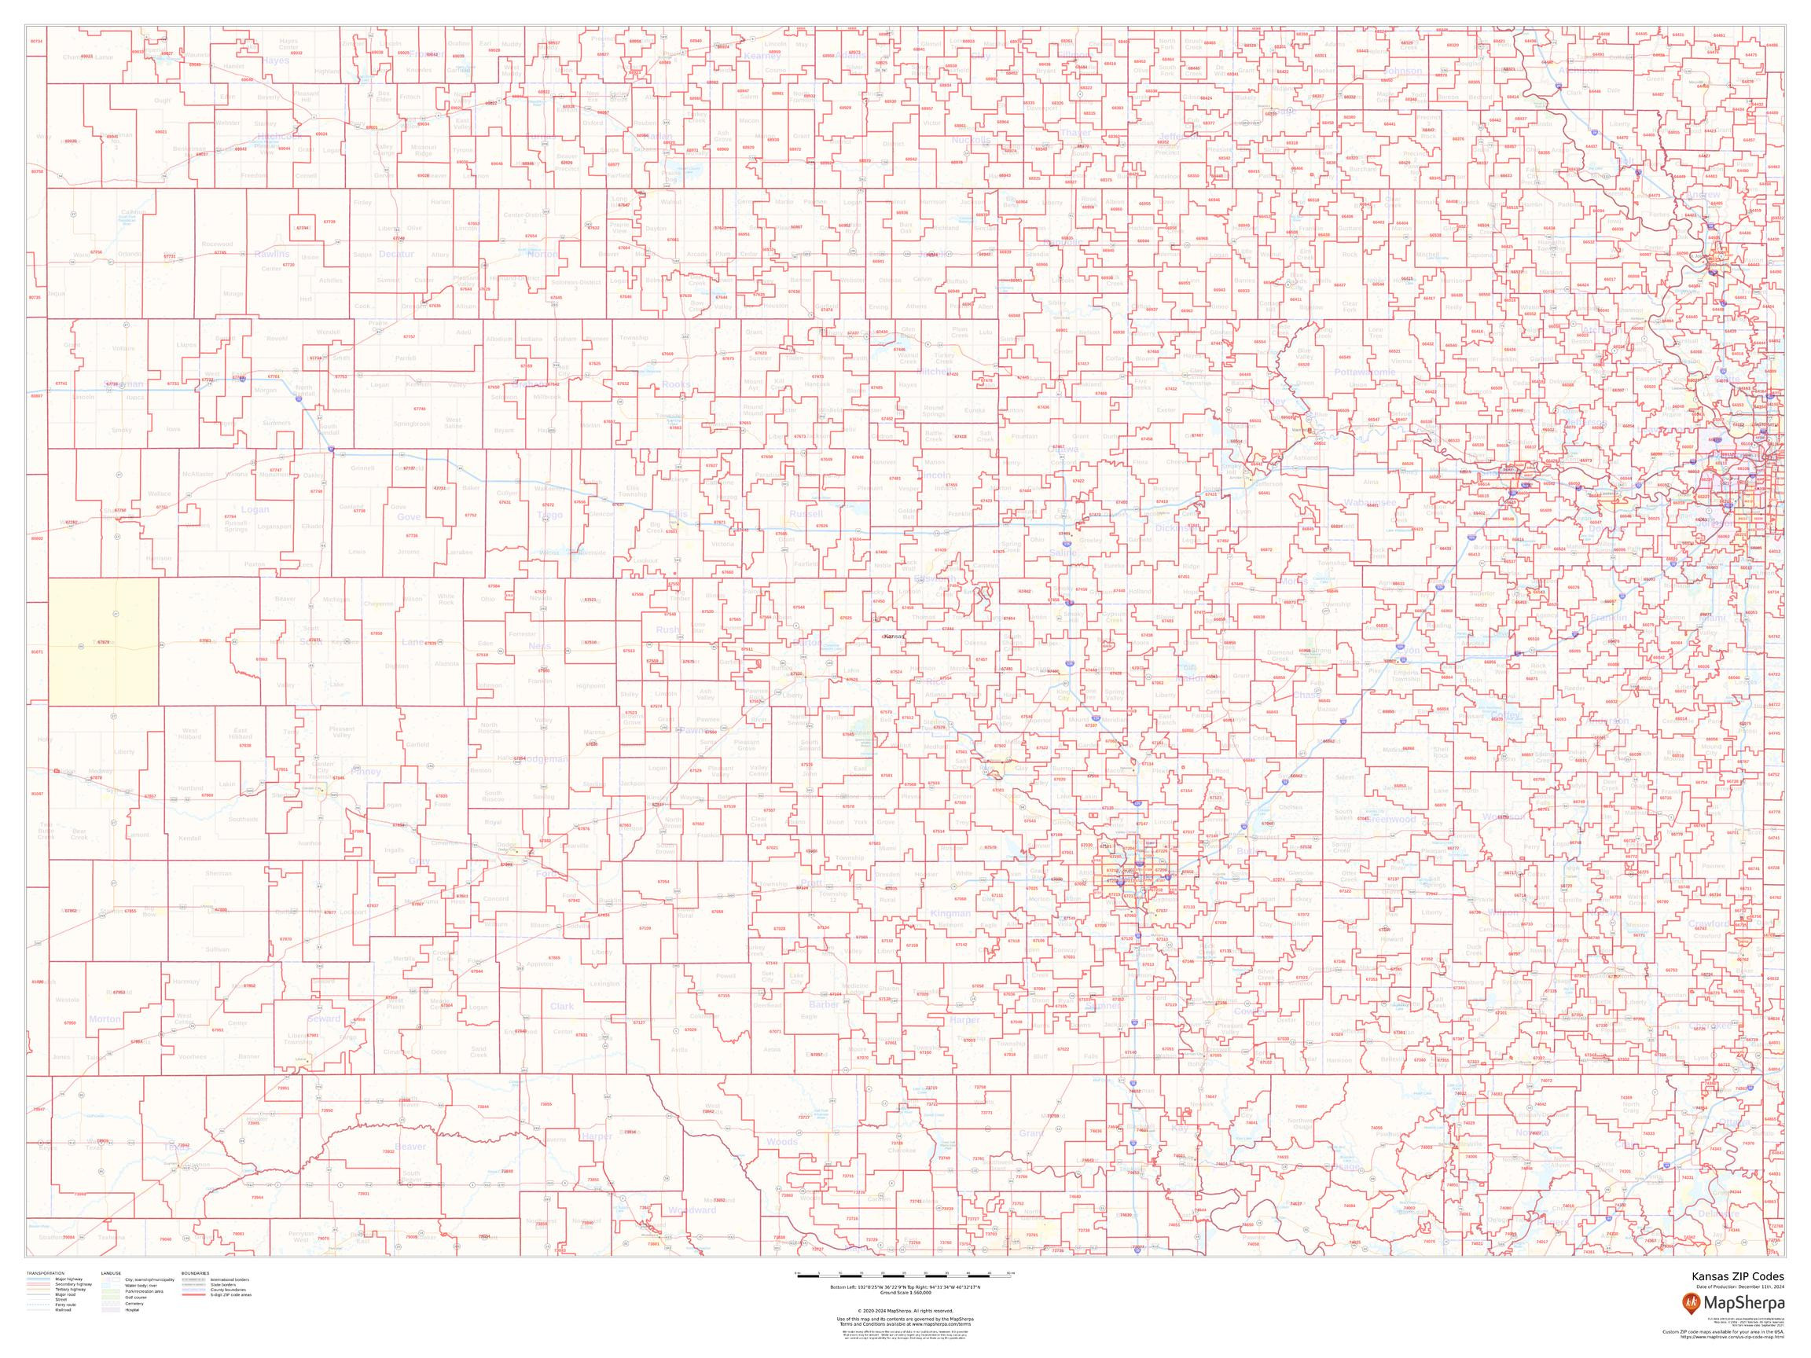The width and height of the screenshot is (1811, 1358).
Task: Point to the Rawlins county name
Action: (x=271, y=254)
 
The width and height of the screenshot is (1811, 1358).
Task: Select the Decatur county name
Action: (x=396, y=255)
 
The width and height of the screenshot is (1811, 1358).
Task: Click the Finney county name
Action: (x=366, y=771)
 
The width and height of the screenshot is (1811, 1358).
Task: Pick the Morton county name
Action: (x=105, y=1019)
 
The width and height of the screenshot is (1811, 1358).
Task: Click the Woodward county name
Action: (x=692, y=1209)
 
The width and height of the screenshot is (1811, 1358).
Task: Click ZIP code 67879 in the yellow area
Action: (x=103, y=643)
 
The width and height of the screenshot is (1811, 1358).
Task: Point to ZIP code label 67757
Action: (x=410, y=336)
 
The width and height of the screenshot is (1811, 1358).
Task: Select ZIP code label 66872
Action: (x=1266, y=550)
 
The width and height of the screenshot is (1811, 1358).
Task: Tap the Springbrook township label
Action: (x=412, y=424)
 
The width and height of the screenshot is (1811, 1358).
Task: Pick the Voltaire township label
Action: (x=123, y=349)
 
